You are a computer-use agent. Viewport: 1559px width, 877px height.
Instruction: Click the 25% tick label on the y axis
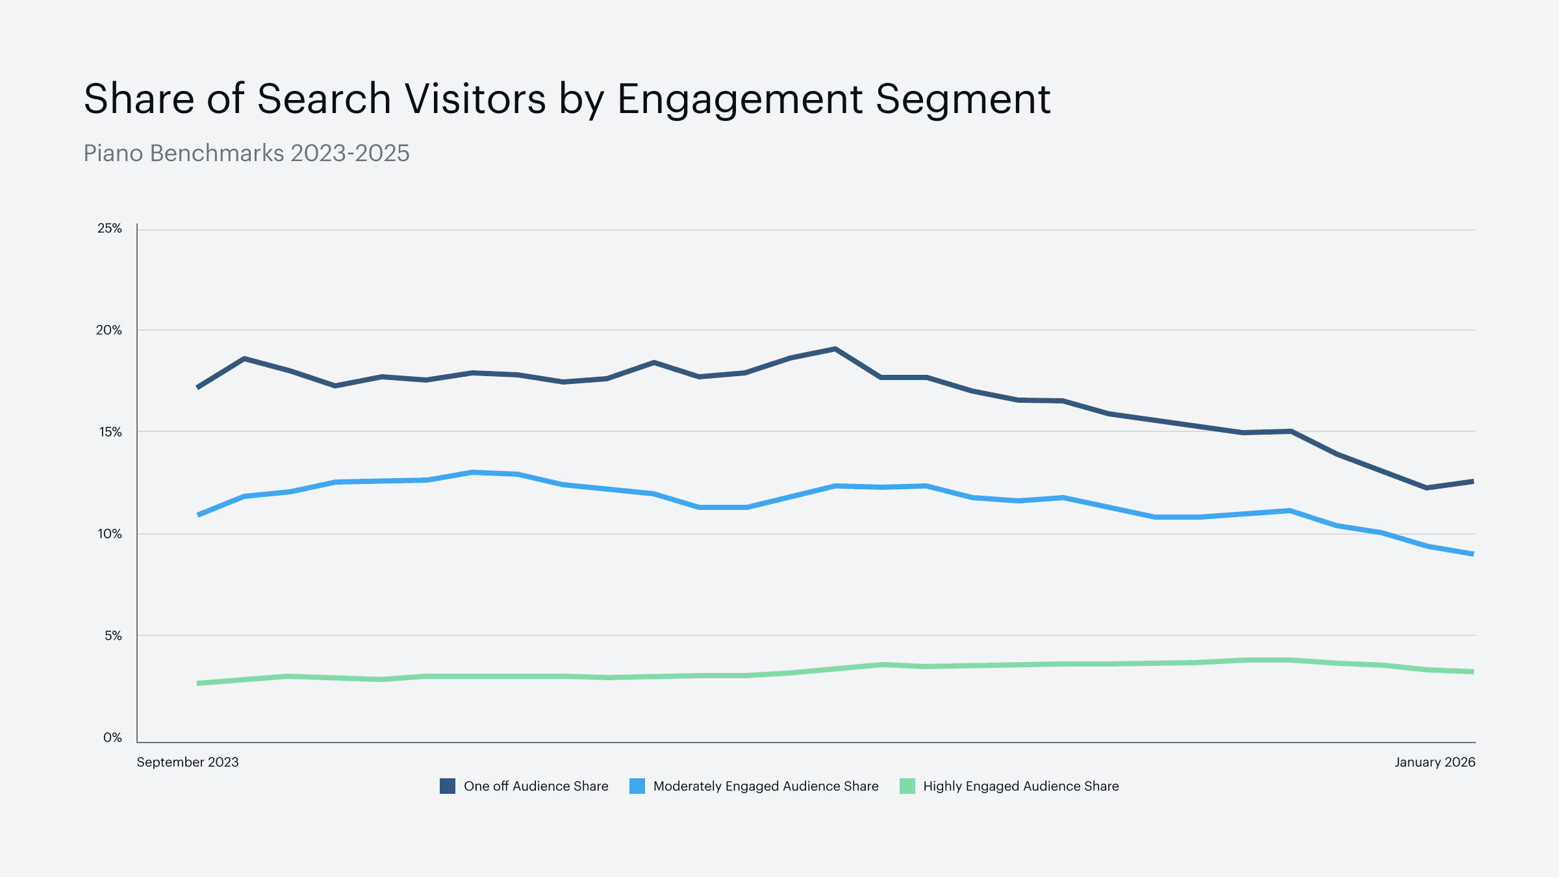109,229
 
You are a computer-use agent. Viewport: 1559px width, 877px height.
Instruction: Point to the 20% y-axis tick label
109,330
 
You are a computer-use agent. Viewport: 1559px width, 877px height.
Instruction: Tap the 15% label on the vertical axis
110,432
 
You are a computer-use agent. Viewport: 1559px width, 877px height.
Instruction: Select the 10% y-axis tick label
110,534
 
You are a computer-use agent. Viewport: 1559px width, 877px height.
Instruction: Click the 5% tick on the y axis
113,636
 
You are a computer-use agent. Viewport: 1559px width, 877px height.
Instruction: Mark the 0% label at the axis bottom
112,737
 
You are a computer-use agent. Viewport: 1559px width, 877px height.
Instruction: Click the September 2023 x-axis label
188,762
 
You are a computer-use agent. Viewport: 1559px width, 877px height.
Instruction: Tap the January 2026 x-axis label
1434,762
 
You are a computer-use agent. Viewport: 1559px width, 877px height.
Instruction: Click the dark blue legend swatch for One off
448,786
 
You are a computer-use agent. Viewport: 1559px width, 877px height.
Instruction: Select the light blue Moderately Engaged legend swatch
637,786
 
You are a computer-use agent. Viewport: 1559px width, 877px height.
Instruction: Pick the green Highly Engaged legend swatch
907,786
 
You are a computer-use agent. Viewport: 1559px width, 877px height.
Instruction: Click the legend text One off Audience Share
536,786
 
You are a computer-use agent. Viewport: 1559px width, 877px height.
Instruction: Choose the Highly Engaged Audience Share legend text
1020,786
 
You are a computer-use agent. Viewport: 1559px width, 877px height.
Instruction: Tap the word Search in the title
324,99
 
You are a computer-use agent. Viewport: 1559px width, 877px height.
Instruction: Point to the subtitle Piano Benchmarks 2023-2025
247,153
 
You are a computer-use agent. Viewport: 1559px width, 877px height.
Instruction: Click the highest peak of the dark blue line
835,350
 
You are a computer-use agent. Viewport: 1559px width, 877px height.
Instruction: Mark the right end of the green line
1473,672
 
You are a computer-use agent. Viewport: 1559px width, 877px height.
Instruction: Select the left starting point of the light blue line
199,515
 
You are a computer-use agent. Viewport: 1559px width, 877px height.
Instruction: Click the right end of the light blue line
1473,553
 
